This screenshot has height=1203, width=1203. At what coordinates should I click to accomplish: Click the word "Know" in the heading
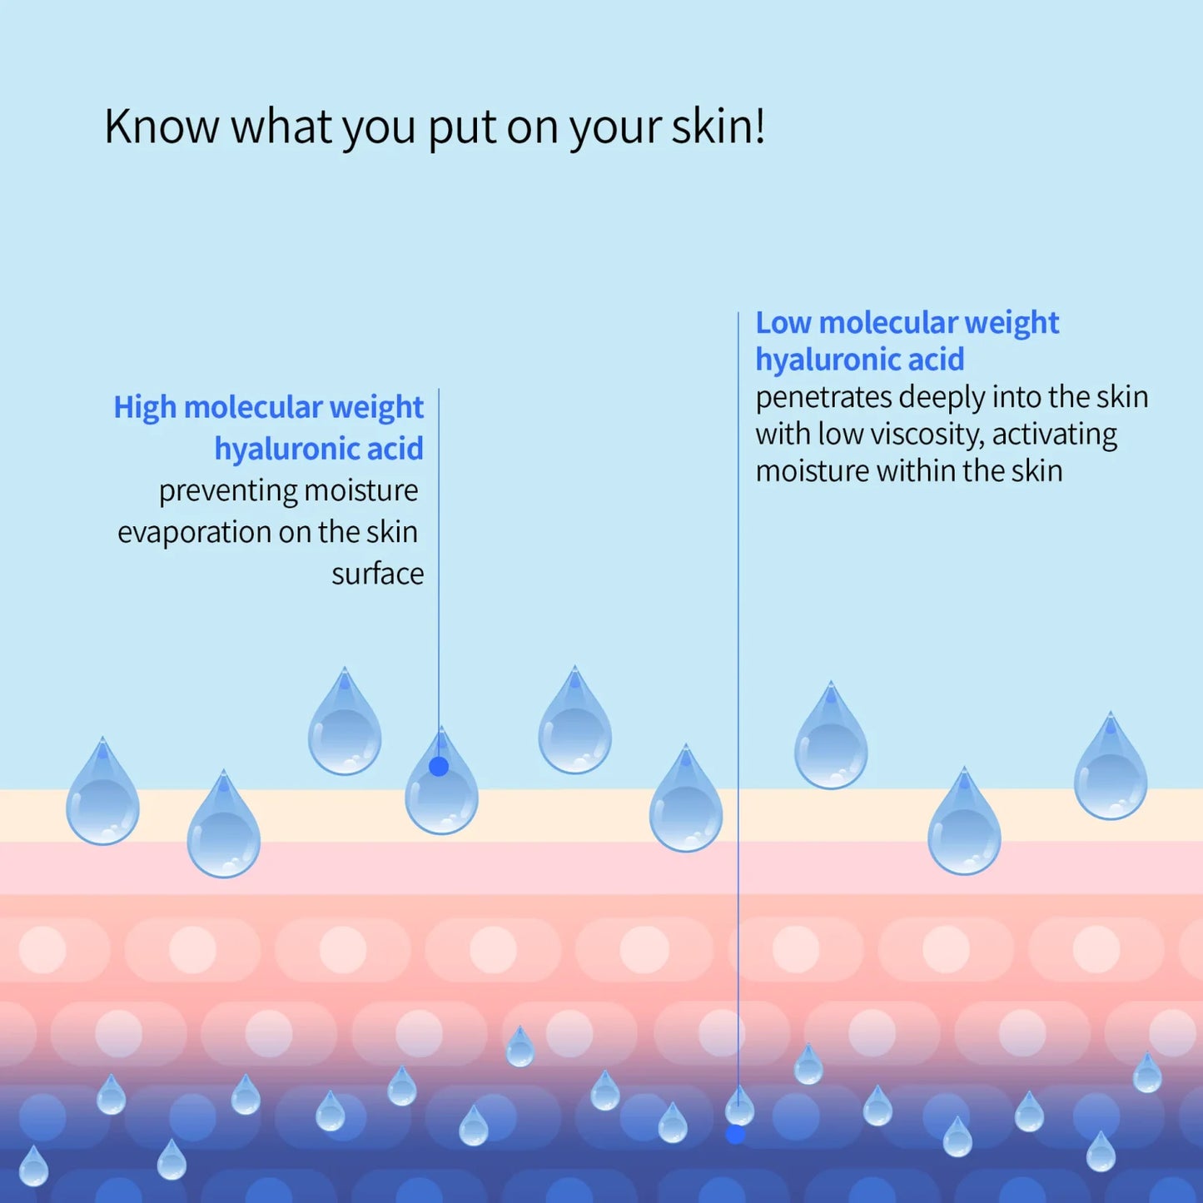click(162, 127)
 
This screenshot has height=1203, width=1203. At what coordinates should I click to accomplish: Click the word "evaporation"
click(194, 533)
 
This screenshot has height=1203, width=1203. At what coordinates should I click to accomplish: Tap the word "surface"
click(377, 574)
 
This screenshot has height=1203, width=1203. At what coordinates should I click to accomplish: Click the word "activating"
click(1055, 435)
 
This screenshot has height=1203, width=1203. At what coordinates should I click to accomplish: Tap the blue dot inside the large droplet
click(439, 767)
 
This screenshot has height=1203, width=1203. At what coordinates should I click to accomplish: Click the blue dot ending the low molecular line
click(736, 1134)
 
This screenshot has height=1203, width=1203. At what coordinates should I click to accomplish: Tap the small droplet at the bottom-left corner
click(33, 1167)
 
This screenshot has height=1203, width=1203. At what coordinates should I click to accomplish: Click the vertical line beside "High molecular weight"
click(439, 583)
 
